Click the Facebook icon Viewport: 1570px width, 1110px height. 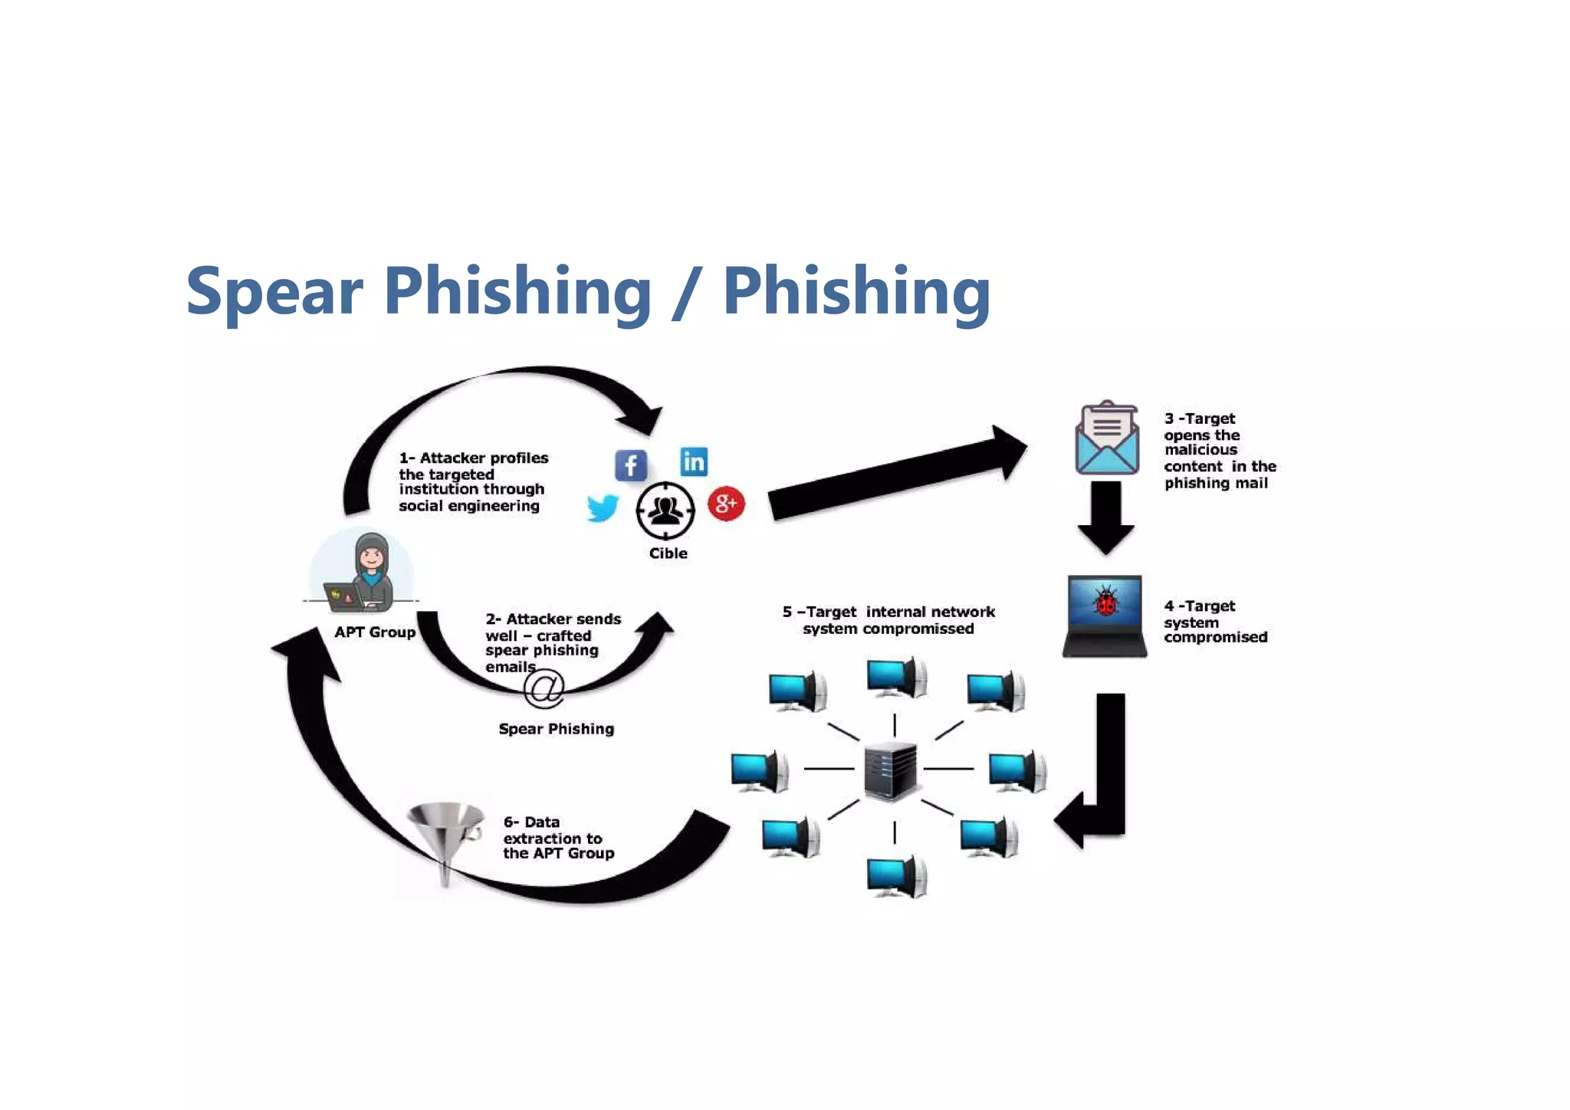630,465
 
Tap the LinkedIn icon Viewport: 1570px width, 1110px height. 694,461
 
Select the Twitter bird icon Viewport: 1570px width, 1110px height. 603,507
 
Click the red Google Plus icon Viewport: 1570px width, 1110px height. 726,504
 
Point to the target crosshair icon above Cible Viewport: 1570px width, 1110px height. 665,510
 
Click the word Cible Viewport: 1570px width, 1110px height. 668,553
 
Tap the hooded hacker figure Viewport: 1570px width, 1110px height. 370,571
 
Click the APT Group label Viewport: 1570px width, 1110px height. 375,632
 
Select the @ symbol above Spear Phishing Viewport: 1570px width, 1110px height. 544,688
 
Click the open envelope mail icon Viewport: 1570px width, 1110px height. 1106,439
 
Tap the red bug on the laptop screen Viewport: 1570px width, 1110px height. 1105,603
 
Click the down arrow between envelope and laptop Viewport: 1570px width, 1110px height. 1105,515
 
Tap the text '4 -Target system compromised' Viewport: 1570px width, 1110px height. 1215,622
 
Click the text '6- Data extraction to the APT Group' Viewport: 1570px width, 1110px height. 557,838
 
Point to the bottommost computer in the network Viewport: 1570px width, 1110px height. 895,877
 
